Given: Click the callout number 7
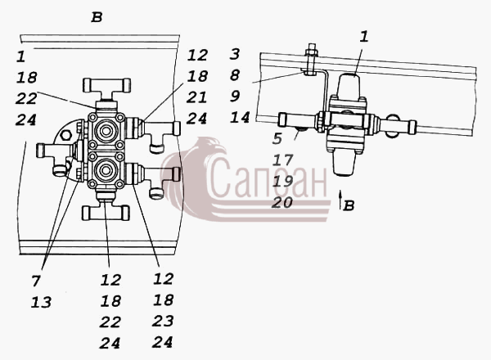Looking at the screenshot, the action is pos(36,281).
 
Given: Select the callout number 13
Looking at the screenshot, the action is pos(41,303).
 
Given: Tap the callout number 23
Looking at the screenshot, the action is pos(163,321).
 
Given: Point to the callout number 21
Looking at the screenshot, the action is pos(196,97).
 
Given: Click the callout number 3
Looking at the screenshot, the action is pos(235,54).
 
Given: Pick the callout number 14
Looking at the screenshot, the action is pos(240,117).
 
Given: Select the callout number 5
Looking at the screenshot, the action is pos(277,138).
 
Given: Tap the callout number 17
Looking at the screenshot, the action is pos(283,160).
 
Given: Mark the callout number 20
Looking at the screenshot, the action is pos(282,203).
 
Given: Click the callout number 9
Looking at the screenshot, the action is pos(235,96).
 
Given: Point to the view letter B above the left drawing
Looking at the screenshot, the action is pos(97,17).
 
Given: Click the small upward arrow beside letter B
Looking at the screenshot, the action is pos(340,199).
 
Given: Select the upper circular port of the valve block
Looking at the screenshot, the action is pos(106,130).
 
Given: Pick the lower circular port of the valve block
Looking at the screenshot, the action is pos(106,171).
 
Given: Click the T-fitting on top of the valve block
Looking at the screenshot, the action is pos(106,89).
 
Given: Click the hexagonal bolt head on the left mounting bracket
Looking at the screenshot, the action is pos(66,135).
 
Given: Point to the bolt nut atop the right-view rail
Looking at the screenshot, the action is pos(311,51).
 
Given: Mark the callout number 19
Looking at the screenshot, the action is pos(283,182).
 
